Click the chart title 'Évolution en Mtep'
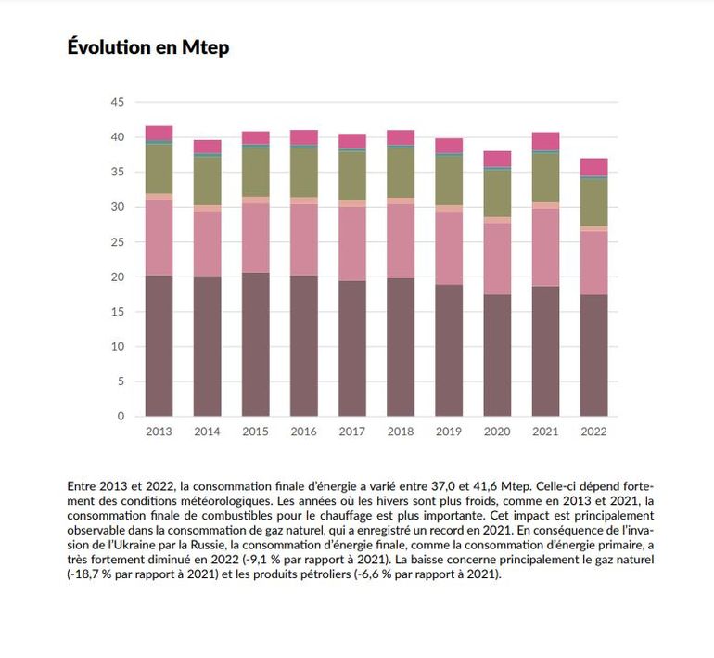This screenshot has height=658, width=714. pyautogui.click(x=148, y=47)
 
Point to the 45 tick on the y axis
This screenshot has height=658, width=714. pyautogui.click(x=118, y=103)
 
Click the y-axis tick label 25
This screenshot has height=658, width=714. pyautogui.click(x=118, y=242)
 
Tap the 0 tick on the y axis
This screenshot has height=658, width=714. pyautogui.click(x=121, y=417)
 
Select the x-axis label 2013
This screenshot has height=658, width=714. pyautogui.click(x=159, y=432)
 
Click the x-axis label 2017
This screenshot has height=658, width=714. pyautogui.click(x=351, y=432)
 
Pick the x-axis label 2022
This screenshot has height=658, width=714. pyautogui.click(x=593, y=432)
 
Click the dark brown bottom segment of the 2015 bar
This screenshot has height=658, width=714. pyautogui.click(x=255, y=344)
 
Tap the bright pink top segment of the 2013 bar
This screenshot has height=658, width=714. pyautogui.click(x=159, y=132)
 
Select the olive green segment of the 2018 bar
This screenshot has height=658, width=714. pyautogui.click(x=400, y=172)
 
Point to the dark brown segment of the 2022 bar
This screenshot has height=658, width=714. pyautogui.click(x=593, y=355)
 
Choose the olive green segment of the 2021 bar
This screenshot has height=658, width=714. pyautogui.click(x=545, y=176)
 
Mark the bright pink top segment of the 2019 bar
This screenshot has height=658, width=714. pyautogui.click(x=449, y=145)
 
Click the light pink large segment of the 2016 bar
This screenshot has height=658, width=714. pyautogui.click(x=303, y=239)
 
